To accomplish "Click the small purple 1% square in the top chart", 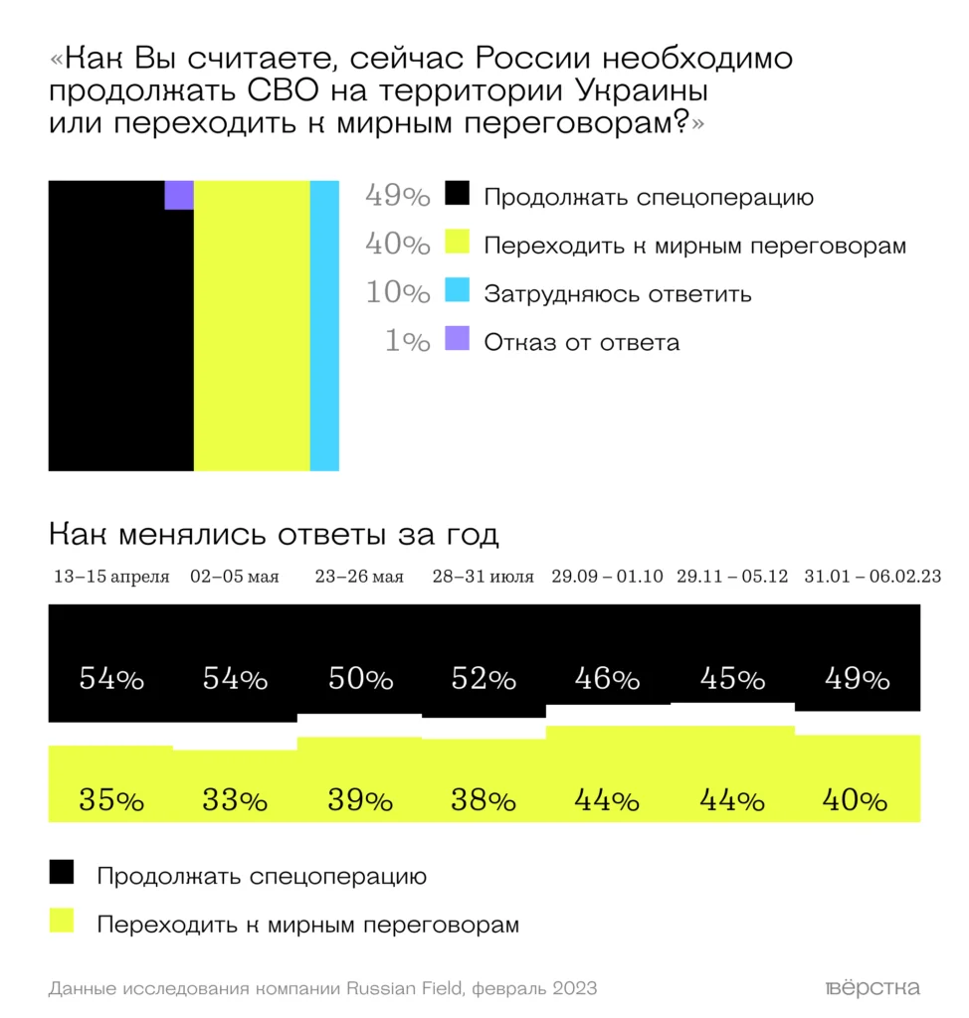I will pyautogui.click(x=179, y=195).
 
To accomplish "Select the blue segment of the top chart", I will pyautogui.click(x=324, y=325).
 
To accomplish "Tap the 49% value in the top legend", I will pyautogui.click(x=397, y=196).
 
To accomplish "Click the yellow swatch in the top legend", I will pyautogui.click(x=457, y=244).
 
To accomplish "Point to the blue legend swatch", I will pyautogui.click(x=457, y=292).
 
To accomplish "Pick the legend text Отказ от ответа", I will pyautogui.click(x=582, y=343).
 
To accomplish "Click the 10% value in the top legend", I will pyautogui.click(x=397, y=293).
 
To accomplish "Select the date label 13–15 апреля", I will pyautogui.click(x=111, y=577).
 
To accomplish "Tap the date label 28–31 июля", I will pyautogui.click(x=483, y=577).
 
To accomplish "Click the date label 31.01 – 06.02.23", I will pyautogui.click(x=859, y=577).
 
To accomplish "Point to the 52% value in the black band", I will pyautogui.click(x=484, y=680).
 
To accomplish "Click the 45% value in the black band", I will pyautogui.click(x=732, y=680).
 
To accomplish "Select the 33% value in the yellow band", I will pyautogui.click(x=235, y=799).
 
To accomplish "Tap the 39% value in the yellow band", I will pyautogui.click(x=359, y=799).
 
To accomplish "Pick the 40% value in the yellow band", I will pyautogui.click(x=857, y=799).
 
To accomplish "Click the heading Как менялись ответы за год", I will pyautogui.click(x=274, y=535).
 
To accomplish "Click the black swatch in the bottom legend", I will pyautogui.click(x=62, y=873).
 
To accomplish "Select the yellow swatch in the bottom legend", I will pyautogui.click(x=62, y=922).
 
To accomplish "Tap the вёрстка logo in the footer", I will pyautogui.click(x=872, y=988).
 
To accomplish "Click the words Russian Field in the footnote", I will pyautogui.click(x=406, y=988).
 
